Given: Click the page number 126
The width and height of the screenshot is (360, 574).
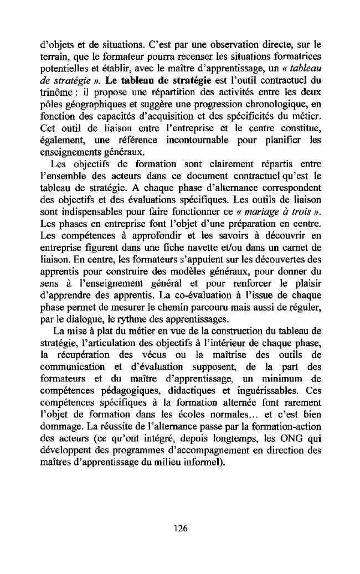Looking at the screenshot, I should coord(180,528).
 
